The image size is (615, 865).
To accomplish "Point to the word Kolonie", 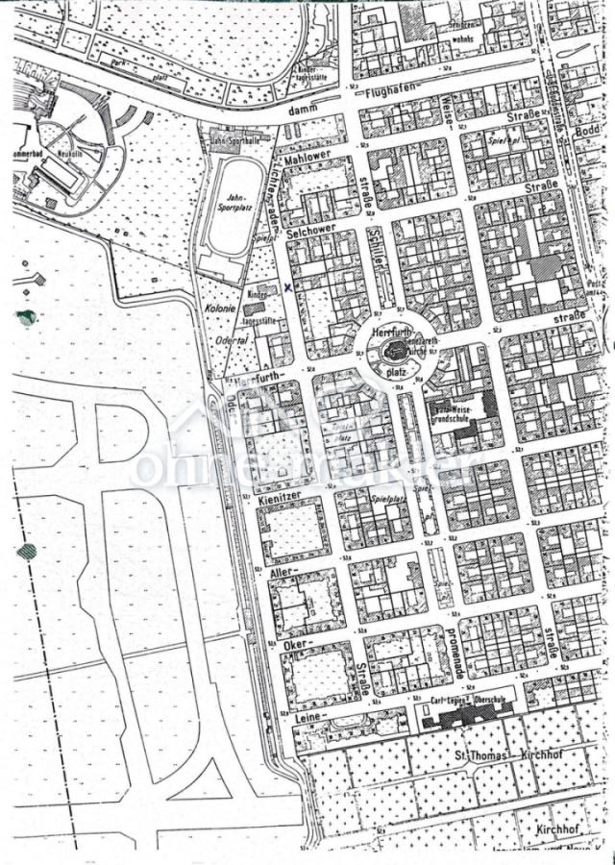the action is (x=220, y=310).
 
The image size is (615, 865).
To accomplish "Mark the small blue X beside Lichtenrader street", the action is (x=287, y=285).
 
